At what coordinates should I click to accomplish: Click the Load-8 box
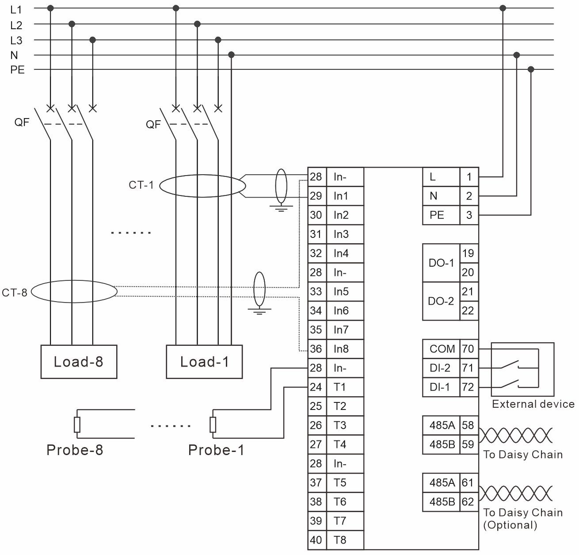point(79,362)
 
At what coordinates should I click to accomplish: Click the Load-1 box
point(204,362)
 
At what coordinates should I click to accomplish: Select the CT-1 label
point(141,185)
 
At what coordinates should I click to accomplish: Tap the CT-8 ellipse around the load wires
point(74,291)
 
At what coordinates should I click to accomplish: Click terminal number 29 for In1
point(316,196)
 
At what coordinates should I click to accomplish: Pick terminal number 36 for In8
point(316,349)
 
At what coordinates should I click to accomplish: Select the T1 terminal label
point(339,387)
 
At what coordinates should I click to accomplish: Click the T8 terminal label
point(339,540)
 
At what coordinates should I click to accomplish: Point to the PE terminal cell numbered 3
point(469,215)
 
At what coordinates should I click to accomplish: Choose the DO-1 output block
point(441,263)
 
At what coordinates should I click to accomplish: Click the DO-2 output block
point(441,301)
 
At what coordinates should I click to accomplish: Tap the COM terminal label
point(442,349)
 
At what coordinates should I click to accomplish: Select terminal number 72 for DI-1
point(468,387)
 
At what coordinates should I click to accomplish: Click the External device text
point(533,404)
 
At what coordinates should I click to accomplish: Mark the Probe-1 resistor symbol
point(213,425)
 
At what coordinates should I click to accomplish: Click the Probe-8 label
point(74,450)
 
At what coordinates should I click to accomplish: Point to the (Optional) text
point(510,525)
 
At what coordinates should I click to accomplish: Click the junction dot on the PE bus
point(531,69)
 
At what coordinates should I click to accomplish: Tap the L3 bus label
point(16,40)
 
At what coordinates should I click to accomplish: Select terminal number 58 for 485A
point(468,425)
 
